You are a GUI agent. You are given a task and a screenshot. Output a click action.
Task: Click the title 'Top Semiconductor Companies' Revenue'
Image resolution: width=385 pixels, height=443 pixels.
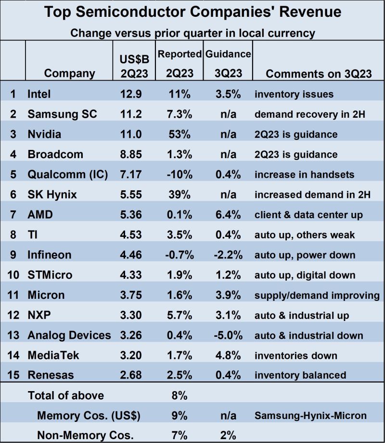[x=192, y=12]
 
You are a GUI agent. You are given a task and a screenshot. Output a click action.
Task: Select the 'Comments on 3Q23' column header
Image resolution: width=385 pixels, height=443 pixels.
[x=319, y=74]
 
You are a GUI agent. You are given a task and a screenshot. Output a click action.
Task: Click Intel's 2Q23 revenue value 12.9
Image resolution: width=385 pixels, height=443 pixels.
[x=131, y=94]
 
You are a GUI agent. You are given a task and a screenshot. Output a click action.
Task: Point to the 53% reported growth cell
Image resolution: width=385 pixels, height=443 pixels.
[x=180, y=134]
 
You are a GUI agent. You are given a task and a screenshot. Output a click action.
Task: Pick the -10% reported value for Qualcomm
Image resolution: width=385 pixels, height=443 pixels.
[x=180, y=174]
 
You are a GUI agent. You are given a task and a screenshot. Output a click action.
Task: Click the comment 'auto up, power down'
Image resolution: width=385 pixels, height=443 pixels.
[x=305, y=255]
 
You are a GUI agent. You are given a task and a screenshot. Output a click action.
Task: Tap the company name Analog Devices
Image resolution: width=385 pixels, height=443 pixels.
[x=69, y=335]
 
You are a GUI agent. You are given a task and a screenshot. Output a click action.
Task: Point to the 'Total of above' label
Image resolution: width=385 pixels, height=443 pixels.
[x=66, y=395]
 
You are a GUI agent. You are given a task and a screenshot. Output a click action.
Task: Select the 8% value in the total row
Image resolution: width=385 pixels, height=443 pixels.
[x=180, y=395]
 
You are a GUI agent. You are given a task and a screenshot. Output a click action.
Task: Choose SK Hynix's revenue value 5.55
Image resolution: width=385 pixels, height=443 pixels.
[x=131, y=195]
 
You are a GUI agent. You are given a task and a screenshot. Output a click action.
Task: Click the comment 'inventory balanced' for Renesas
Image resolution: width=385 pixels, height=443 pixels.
[x=300, y=375]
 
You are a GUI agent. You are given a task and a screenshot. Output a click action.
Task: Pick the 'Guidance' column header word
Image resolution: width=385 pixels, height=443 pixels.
[x=228, y=54]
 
